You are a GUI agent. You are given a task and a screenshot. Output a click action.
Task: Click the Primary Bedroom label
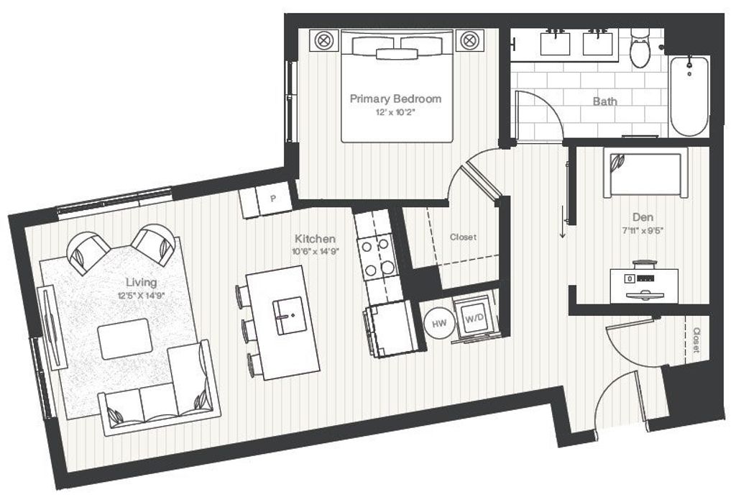click(x=396, y=99)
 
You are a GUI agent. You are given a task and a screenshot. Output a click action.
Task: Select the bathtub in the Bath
click(x=689, y=96)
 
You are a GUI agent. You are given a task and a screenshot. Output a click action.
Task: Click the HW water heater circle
click(x=439, y=323)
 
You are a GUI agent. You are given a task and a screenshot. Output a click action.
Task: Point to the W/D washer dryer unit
click(x=474, y=318)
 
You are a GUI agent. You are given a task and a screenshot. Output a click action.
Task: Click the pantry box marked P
click(x=273, y=199)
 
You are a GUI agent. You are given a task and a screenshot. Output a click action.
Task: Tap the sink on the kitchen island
click(x=290, y=315)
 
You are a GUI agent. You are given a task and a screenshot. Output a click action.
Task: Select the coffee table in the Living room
click(x=125, y=339)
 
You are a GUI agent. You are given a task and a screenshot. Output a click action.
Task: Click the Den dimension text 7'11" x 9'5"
click(x=642, y=230)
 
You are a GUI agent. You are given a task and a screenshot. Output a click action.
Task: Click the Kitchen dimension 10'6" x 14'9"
click(x=316, y=251)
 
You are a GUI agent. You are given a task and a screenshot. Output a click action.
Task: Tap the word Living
click(x=142, y=282)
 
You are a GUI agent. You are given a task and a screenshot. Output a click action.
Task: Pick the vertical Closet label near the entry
click(x=696, y=340)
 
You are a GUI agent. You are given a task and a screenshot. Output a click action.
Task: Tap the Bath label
click(x=605, y=101)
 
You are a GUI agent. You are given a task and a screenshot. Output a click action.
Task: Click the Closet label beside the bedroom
click(x=464, y=237)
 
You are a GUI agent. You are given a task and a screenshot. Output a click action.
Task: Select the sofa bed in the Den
click(x=645, y=173)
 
